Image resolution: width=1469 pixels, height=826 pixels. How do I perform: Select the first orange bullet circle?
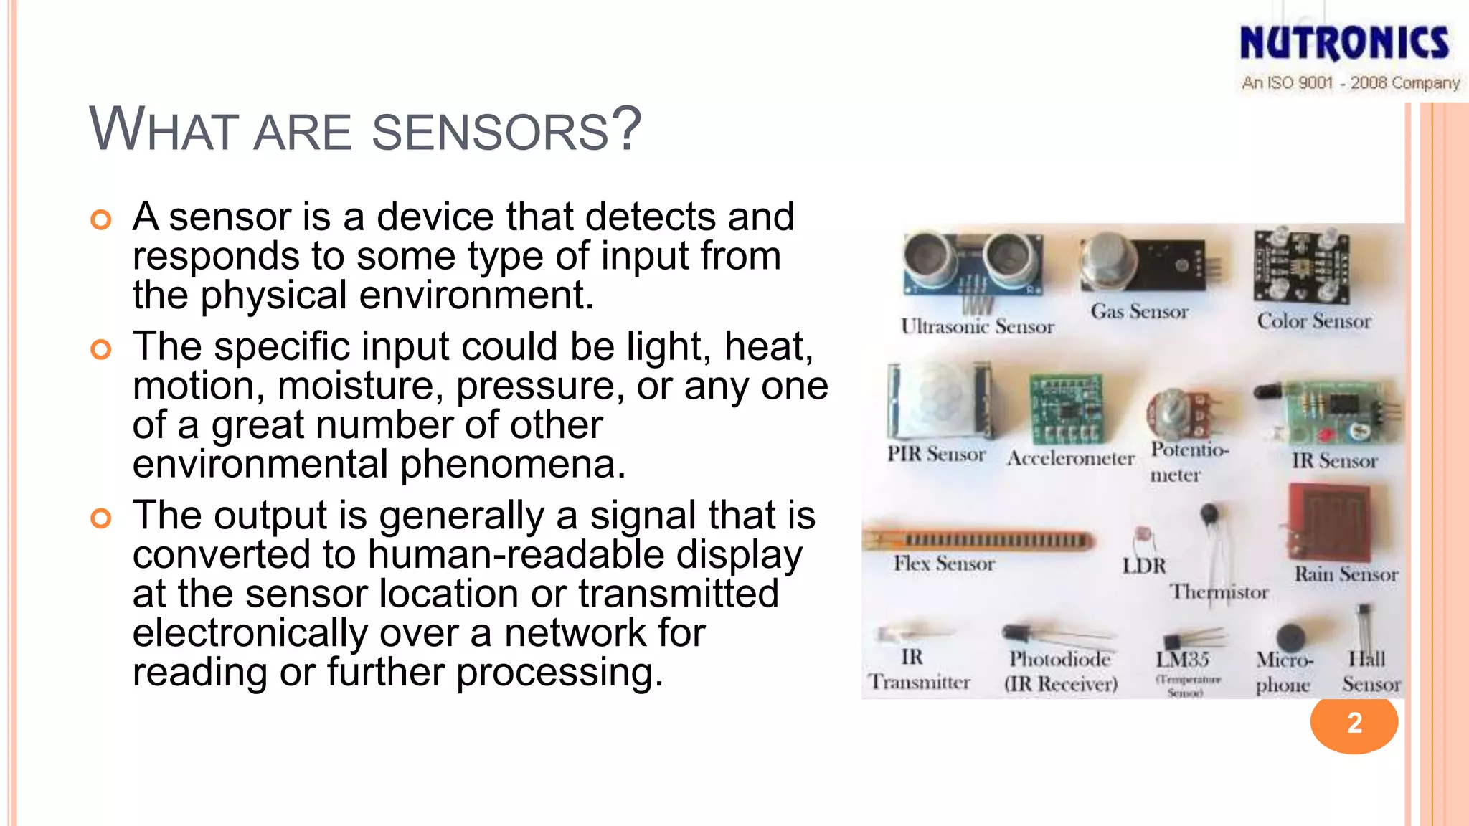click(101, 219)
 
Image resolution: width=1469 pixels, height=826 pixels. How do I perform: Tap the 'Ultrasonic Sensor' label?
click(977, 327)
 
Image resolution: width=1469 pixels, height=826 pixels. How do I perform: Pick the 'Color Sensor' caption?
click(1313, 321)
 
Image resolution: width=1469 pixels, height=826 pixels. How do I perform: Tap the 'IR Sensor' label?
click(1334, 461)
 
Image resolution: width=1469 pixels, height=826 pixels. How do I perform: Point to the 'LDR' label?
click(1144, 566)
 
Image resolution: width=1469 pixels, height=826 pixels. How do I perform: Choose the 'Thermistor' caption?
click(1219, 592)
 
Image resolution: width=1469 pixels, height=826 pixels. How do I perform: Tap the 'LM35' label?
click(1182, 659)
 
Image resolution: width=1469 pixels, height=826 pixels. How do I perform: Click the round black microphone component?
click(1290, 637)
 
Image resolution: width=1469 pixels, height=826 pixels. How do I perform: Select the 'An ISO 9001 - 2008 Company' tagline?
click(1351, 83)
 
